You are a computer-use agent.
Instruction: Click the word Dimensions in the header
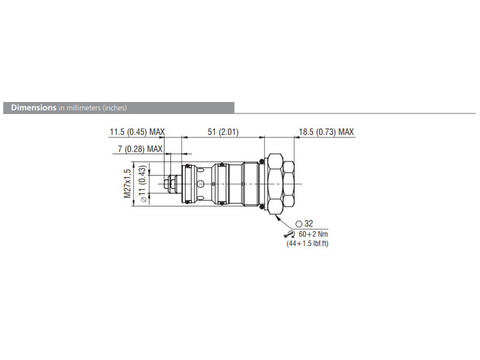(x=30, y=108)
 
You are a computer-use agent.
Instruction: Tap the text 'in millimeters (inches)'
(x=92, y=108)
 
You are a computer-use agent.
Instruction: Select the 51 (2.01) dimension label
(x=222, y=132)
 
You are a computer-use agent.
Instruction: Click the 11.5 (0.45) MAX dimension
(x=137, y=132)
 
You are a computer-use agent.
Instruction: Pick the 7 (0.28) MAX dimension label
(x=139, y=149)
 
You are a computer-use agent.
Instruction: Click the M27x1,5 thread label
(x=127, y=183)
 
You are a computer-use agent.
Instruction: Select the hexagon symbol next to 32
(x=298, y=223)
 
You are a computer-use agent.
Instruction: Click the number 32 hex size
(x=309, y=223)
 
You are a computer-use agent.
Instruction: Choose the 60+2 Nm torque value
(x=313, y=234)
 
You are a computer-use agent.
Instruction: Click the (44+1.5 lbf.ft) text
(x=307, y=244)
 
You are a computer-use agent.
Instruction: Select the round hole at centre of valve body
(x=201, y=183)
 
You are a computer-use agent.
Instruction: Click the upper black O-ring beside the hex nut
(x=262, y=161)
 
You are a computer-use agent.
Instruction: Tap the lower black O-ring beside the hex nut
(x=262, y=205)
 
